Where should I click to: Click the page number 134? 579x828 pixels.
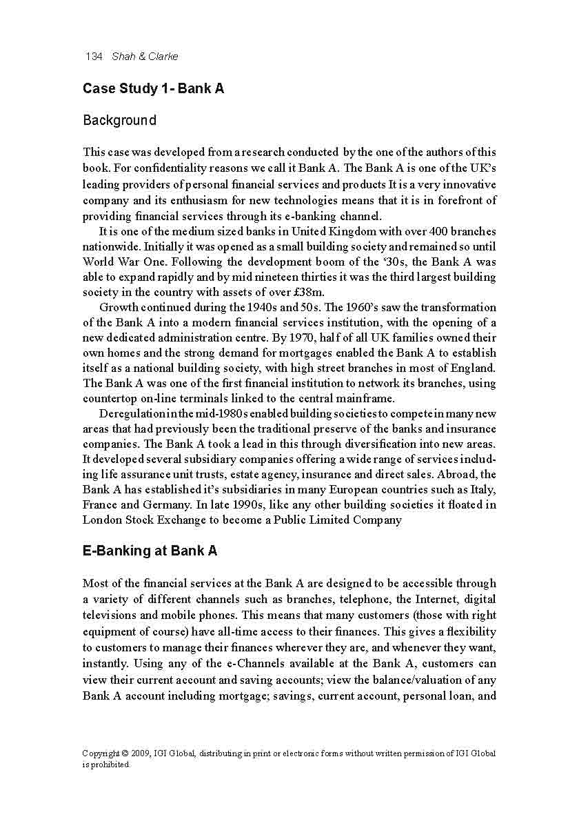point(94,56)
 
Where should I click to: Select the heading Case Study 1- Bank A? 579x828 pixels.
point(153,89)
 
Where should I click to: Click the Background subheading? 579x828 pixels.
point(119,121)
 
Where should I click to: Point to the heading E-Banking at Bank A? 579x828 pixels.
point(150,551)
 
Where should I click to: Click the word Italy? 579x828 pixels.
point(481,489)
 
